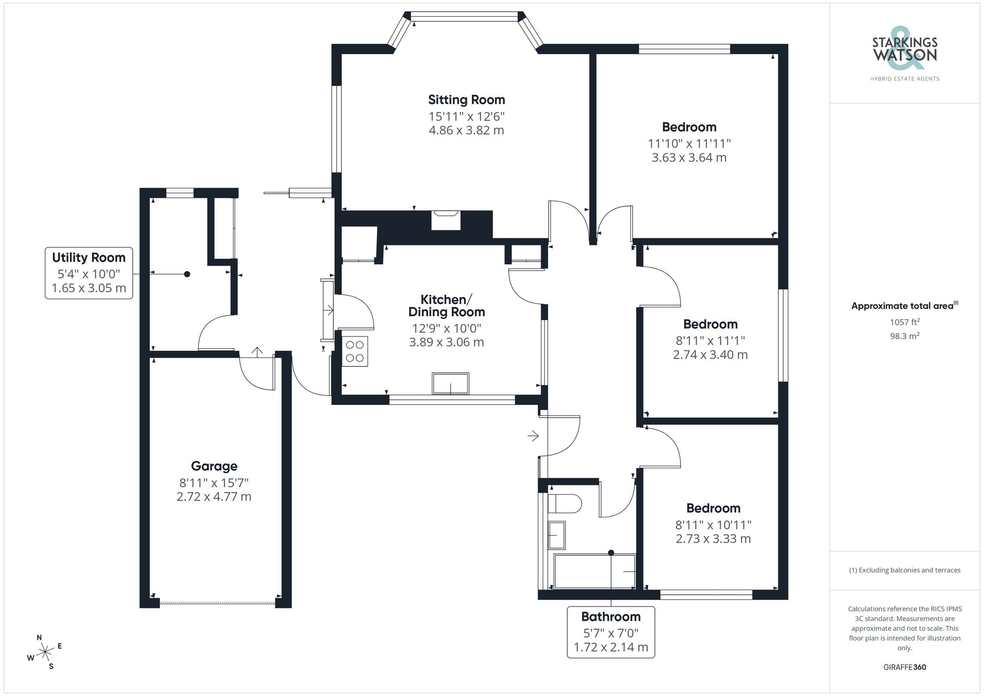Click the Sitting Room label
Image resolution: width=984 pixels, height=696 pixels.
[x=466, y=100]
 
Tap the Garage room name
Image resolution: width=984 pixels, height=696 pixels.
[x=214, y=466]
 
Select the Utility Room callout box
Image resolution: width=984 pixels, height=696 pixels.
[x=89, y=273]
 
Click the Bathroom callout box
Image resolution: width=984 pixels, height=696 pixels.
[x=611, y=632]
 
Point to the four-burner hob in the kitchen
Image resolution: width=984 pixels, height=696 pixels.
[x=355, y=351]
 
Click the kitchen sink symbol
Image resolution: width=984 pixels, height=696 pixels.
[x=450, y=383]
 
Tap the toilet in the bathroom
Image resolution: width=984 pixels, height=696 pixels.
[x=565, y=504]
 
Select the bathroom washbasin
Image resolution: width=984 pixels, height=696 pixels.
[x=556, y=535]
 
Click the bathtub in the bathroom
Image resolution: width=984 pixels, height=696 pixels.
[x=594, y=571]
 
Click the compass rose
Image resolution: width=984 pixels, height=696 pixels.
[x=45, y=652]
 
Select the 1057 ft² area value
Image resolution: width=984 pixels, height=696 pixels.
[x=904, y=322]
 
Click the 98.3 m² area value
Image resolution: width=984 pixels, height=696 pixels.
[x=904, y=336]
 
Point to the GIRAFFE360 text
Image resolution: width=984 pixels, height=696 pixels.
[x=904, y=667]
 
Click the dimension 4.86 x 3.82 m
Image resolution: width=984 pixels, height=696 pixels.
[x=466, y=130]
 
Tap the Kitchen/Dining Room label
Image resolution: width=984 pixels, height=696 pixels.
[x=446, y=305]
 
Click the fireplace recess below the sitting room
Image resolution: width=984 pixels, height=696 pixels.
[x=446, y=220]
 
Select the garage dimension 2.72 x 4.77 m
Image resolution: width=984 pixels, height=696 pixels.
[x=214, y=497]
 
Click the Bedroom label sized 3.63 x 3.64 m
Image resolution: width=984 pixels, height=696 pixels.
[x=689, y=127]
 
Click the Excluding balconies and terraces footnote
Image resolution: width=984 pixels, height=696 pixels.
[x=904, y=570]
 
